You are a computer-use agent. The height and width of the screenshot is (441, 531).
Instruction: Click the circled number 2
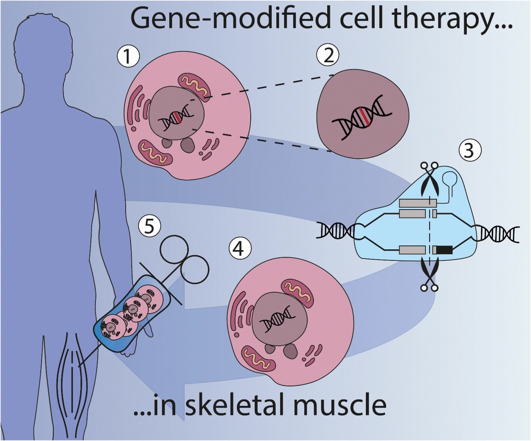click(328, 55)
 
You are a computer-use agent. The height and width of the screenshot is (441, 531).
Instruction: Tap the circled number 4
click(240, 249)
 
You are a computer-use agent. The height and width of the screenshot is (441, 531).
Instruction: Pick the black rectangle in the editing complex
click(444, 250)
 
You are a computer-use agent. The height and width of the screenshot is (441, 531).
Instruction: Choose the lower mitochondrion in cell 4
click(258, 359)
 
